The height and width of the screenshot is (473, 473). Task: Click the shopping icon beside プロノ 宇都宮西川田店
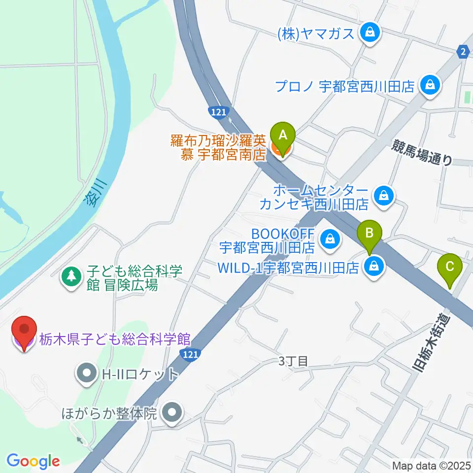tap(430, 85)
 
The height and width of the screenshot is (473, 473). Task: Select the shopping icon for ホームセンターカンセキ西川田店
tap(383, 196)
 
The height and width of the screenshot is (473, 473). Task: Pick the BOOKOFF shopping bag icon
tap(329, 239)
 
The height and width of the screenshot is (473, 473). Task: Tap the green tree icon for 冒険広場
tap(72, 276)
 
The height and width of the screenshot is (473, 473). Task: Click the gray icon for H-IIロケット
tap(87, 373)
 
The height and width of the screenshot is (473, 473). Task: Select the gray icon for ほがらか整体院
tap(171, 412)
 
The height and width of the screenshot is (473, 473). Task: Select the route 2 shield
tap(463, 52)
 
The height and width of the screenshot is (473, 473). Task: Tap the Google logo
tap(33, 461)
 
